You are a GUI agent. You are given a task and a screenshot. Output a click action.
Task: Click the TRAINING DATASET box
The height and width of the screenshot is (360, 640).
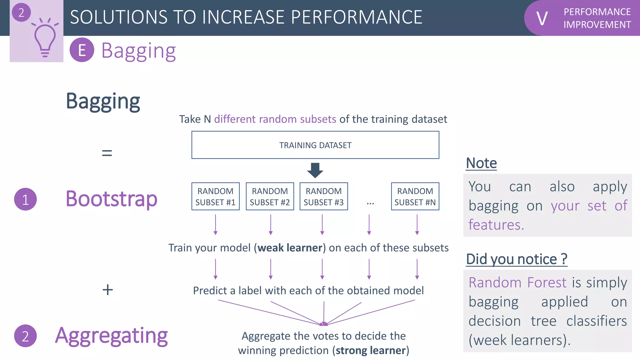[x=315, y=145]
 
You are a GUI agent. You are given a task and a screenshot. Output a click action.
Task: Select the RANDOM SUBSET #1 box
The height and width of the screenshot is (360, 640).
[x=215, y=197]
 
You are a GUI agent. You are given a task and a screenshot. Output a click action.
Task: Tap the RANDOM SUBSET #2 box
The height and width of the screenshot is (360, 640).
[x=270, y=197]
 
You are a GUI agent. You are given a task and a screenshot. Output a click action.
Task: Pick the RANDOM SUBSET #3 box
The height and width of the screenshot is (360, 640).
[x=323, y=197]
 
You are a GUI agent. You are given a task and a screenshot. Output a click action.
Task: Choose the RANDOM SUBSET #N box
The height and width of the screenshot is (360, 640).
[x=415, y=197]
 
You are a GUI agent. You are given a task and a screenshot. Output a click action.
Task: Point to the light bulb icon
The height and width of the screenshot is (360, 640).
[x=45, y=39]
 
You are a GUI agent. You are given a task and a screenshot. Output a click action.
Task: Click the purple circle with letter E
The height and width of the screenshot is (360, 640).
[x=82, y=50]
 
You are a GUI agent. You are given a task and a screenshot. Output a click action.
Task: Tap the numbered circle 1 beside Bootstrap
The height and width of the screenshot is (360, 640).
[x=25, y=199]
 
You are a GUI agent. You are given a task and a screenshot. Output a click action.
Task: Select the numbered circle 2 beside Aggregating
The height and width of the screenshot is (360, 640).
[x=25, y=336]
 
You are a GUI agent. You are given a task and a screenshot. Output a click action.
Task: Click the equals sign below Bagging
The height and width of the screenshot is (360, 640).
[x=107, y=153]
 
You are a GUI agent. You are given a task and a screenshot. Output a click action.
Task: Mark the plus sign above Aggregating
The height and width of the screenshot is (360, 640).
[x=107, y=290]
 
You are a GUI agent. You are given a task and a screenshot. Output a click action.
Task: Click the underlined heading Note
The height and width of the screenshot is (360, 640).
[x=481, y=163]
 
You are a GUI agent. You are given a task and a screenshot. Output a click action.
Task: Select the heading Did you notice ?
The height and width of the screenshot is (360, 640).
[x=516, y=259]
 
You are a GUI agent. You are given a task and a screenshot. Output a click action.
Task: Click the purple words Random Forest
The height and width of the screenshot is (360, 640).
[x=517, y=282]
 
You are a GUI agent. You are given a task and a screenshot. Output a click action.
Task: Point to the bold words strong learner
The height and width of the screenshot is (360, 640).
[x=371, y=350]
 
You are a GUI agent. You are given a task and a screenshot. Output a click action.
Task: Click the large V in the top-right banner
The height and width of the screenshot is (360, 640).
[x=542, y=19]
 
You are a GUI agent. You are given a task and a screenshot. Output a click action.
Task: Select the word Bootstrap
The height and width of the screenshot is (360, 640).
[x=111, y=199]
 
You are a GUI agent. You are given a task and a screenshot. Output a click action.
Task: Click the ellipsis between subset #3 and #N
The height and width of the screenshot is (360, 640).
[x=370, y=203]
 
